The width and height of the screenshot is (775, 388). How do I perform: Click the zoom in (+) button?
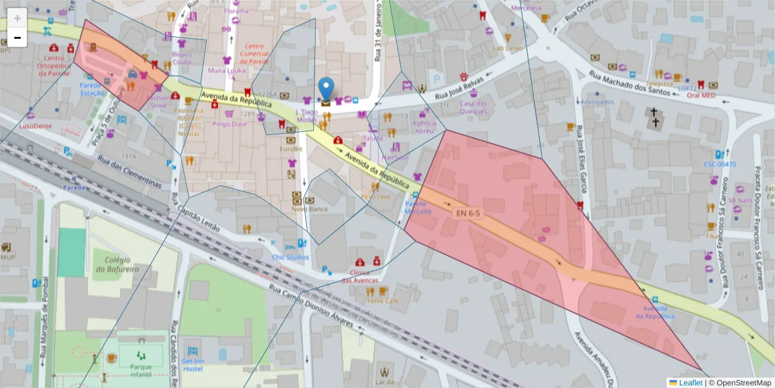click(x=17, y=18)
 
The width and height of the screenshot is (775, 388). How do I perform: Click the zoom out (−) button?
click(x=17, y=38)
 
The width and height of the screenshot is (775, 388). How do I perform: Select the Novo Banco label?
click(x=309, y=209)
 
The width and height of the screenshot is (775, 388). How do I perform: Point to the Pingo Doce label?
click(x=229, y=124)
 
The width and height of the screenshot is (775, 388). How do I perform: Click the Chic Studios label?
click(x=291, y=257)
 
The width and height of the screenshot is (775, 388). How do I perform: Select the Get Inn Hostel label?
click(x=192, y=364)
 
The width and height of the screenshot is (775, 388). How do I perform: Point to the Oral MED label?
click(x=701, y=95)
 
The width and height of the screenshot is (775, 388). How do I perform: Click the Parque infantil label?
click(x=141, y=370)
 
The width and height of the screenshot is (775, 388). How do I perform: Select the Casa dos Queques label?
click(x=473, y=107)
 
